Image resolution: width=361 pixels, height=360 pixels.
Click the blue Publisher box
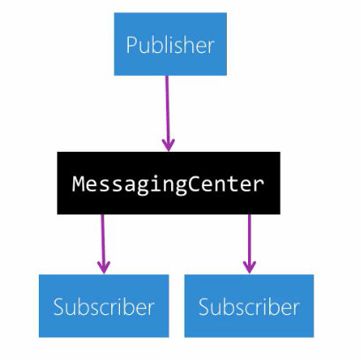click(170, 44)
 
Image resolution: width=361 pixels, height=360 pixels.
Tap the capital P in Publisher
click(132, 45)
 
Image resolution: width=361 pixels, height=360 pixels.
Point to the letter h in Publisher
click(187, 44)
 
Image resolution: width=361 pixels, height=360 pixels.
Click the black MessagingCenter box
click(169, 183)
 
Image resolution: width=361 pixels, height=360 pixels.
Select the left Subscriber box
click(104, 306)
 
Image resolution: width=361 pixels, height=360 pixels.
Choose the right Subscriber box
click(249, 306)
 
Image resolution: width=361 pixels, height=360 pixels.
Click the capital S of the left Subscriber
click(58, 307)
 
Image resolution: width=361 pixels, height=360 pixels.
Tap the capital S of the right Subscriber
click(204, 307)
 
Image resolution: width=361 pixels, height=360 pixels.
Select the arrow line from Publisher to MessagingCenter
click(168, 114)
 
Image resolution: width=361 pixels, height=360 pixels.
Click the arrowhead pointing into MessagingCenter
click(169, 146)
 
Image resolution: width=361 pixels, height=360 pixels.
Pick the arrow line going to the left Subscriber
click(103, 244)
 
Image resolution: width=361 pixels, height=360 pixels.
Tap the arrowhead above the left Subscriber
click(104, 267)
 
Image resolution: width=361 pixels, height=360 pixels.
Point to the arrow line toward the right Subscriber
click(249, 244)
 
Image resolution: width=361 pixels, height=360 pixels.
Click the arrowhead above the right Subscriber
click(249, 267)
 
